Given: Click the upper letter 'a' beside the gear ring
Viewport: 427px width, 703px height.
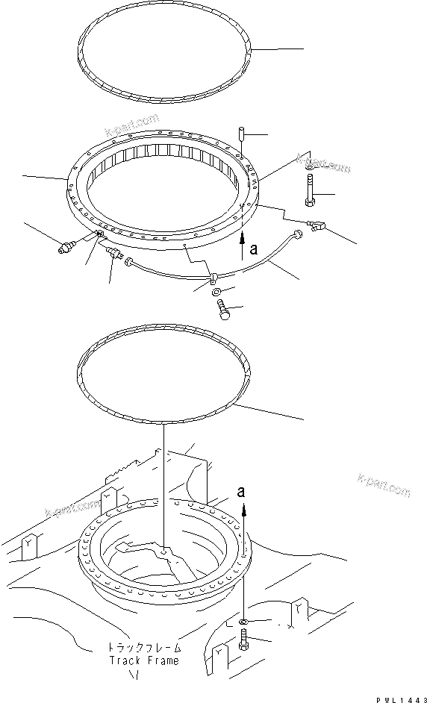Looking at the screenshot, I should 254,251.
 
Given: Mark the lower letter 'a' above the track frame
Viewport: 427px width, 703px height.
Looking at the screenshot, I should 240,491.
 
